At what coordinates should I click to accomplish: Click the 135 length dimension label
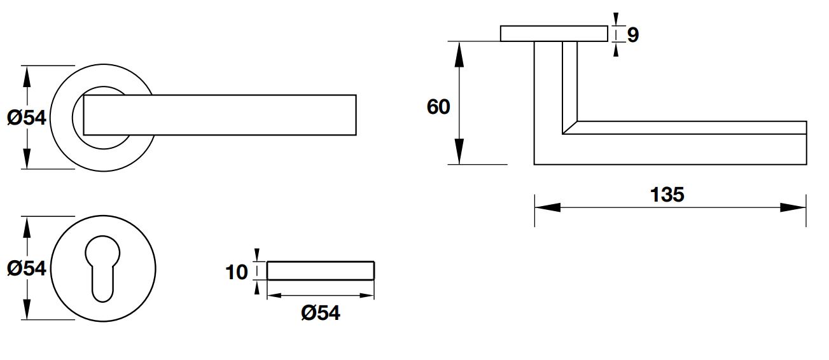coord(667,195)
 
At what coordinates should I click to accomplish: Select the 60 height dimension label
coord(438,107)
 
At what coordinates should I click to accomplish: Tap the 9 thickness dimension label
coord(632,35)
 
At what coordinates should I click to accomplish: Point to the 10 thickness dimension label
coord(237,273)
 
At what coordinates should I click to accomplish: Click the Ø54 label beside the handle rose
coord(27,118)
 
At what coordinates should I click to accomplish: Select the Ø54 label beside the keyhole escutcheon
coord(27,268)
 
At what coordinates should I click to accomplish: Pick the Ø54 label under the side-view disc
coord(321,312)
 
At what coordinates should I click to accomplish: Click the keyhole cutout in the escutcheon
coord(102,267)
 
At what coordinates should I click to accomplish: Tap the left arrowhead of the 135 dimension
coord(546,207)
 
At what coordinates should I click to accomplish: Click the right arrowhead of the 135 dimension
coord(794,207)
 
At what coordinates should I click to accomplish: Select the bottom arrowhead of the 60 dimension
coord(459,153)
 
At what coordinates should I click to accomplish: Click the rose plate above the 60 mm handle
coord(554,34)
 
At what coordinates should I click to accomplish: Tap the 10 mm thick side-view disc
coord(321,270)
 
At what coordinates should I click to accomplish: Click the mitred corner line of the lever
coord(571,127)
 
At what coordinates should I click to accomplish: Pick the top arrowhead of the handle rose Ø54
coord(26,75)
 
